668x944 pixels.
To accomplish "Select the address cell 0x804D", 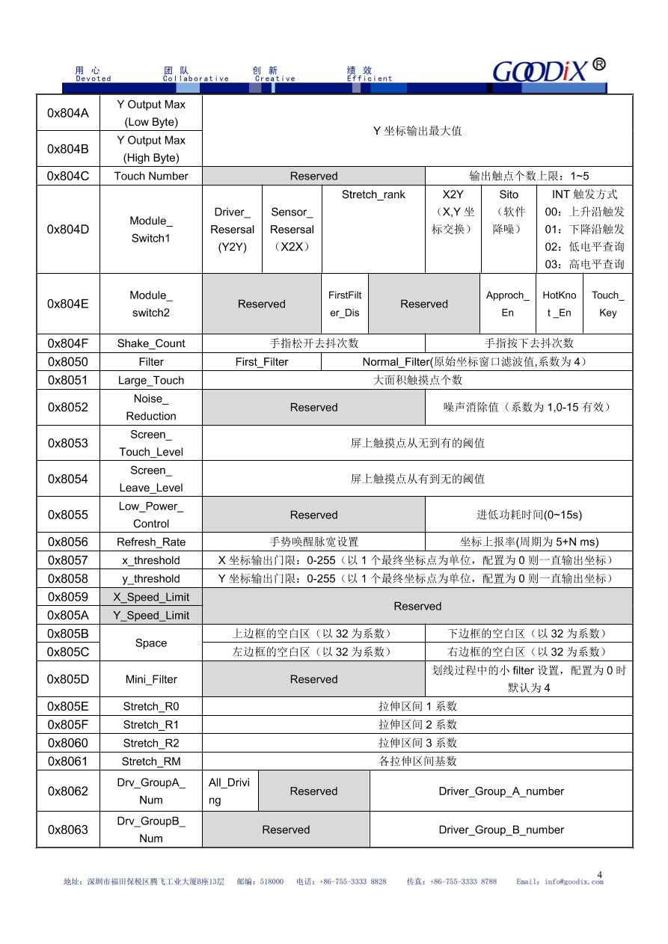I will pos(68,230).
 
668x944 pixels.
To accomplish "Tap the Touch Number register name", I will pos(151,177).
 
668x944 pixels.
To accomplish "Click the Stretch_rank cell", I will pos(373,195).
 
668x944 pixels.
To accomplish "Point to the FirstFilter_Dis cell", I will pos(345,304).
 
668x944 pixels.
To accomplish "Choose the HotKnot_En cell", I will pos(560,304).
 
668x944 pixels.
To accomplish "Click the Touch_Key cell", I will pos(607,304).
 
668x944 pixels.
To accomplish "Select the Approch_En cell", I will pos(508,304).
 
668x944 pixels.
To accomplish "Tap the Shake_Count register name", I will pos(151,343).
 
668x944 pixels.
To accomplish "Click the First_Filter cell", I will pos(262,362).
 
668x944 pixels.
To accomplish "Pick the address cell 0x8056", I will pos(68,542).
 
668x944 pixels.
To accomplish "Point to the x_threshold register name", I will pos(151,560).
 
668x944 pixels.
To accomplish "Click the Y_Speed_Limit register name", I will pos(151,616).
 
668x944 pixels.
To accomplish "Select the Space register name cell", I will pos(151,643).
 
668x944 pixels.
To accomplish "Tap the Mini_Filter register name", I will pos(151,680).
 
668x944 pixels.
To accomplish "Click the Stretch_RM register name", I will pos(151,761).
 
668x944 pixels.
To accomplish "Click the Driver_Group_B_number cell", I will pos(501,830).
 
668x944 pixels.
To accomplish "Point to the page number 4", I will pos(600,874).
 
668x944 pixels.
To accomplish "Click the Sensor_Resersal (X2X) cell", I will pos(292,230).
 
